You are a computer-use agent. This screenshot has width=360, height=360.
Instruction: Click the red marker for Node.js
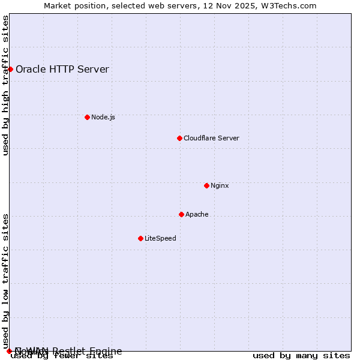[x=87, y=117]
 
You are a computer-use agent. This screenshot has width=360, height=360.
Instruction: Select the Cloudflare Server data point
[x=179, y=138]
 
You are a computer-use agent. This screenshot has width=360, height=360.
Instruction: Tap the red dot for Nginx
[x=206, y=185]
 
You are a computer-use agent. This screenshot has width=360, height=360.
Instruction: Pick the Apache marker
[x=181, y=214]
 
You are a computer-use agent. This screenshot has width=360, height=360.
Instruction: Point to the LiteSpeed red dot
[x=140, y=238]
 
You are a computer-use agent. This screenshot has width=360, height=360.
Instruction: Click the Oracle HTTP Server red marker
[x=10, y=69]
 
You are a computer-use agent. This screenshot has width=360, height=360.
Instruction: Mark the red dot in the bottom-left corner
[x=9, y=351]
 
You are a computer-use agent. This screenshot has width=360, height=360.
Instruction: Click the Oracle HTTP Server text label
[x=62, y=69]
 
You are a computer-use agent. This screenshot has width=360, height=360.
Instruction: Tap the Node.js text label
[x=103, y=117]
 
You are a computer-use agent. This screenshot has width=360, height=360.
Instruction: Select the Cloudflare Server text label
[x=211, y=138]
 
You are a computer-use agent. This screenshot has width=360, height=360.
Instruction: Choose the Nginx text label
[x=220, y=185]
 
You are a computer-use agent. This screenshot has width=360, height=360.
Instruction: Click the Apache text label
[x=197, y=214]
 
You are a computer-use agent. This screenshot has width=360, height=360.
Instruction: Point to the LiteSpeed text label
[x=160, y=238]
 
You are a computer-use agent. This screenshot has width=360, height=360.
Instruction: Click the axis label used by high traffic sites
[x=6, y=86]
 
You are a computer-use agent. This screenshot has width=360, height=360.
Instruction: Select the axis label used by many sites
[x=301, y=356]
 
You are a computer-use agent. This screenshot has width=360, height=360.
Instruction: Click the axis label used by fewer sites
[x=62, y=356]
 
